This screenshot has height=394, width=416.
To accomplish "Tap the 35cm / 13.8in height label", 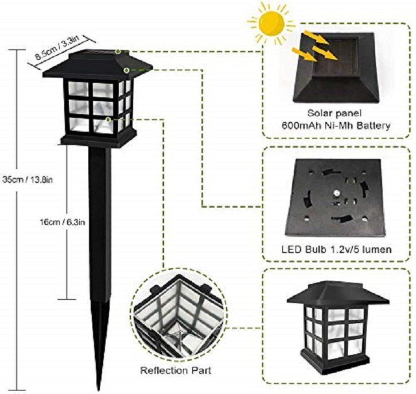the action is click(x=28, y=179).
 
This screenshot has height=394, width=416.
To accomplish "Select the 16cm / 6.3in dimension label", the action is click(x=63, y=221).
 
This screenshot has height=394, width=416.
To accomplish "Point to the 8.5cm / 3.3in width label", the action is click(x=57, y=47).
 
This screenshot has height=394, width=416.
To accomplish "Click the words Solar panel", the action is click(x=335, y=113).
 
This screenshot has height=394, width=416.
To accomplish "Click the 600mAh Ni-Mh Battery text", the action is click(x=336, y=125).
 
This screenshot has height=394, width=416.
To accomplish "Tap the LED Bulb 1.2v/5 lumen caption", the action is click(x=336, y=250).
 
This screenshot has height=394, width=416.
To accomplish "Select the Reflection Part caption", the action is click(x=176, y=370).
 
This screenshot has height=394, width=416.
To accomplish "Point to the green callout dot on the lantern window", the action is click(x=108, y=120).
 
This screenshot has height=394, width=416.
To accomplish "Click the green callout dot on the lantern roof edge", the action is click(x=127, y=70).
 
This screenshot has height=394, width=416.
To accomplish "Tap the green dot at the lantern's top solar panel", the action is click(x=118, y=52).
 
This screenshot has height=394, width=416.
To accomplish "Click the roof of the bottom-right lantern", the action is click(x=338, y=294).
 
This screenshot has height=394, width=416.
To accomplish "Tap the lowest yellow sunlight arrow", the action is click(x=304, y=54).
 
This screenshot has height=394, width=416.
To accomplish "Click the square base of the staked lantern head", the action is click(x=99, y=139).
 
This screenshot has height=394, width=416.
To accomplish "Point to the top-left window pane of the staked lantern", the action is click(x=78, y=89).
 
